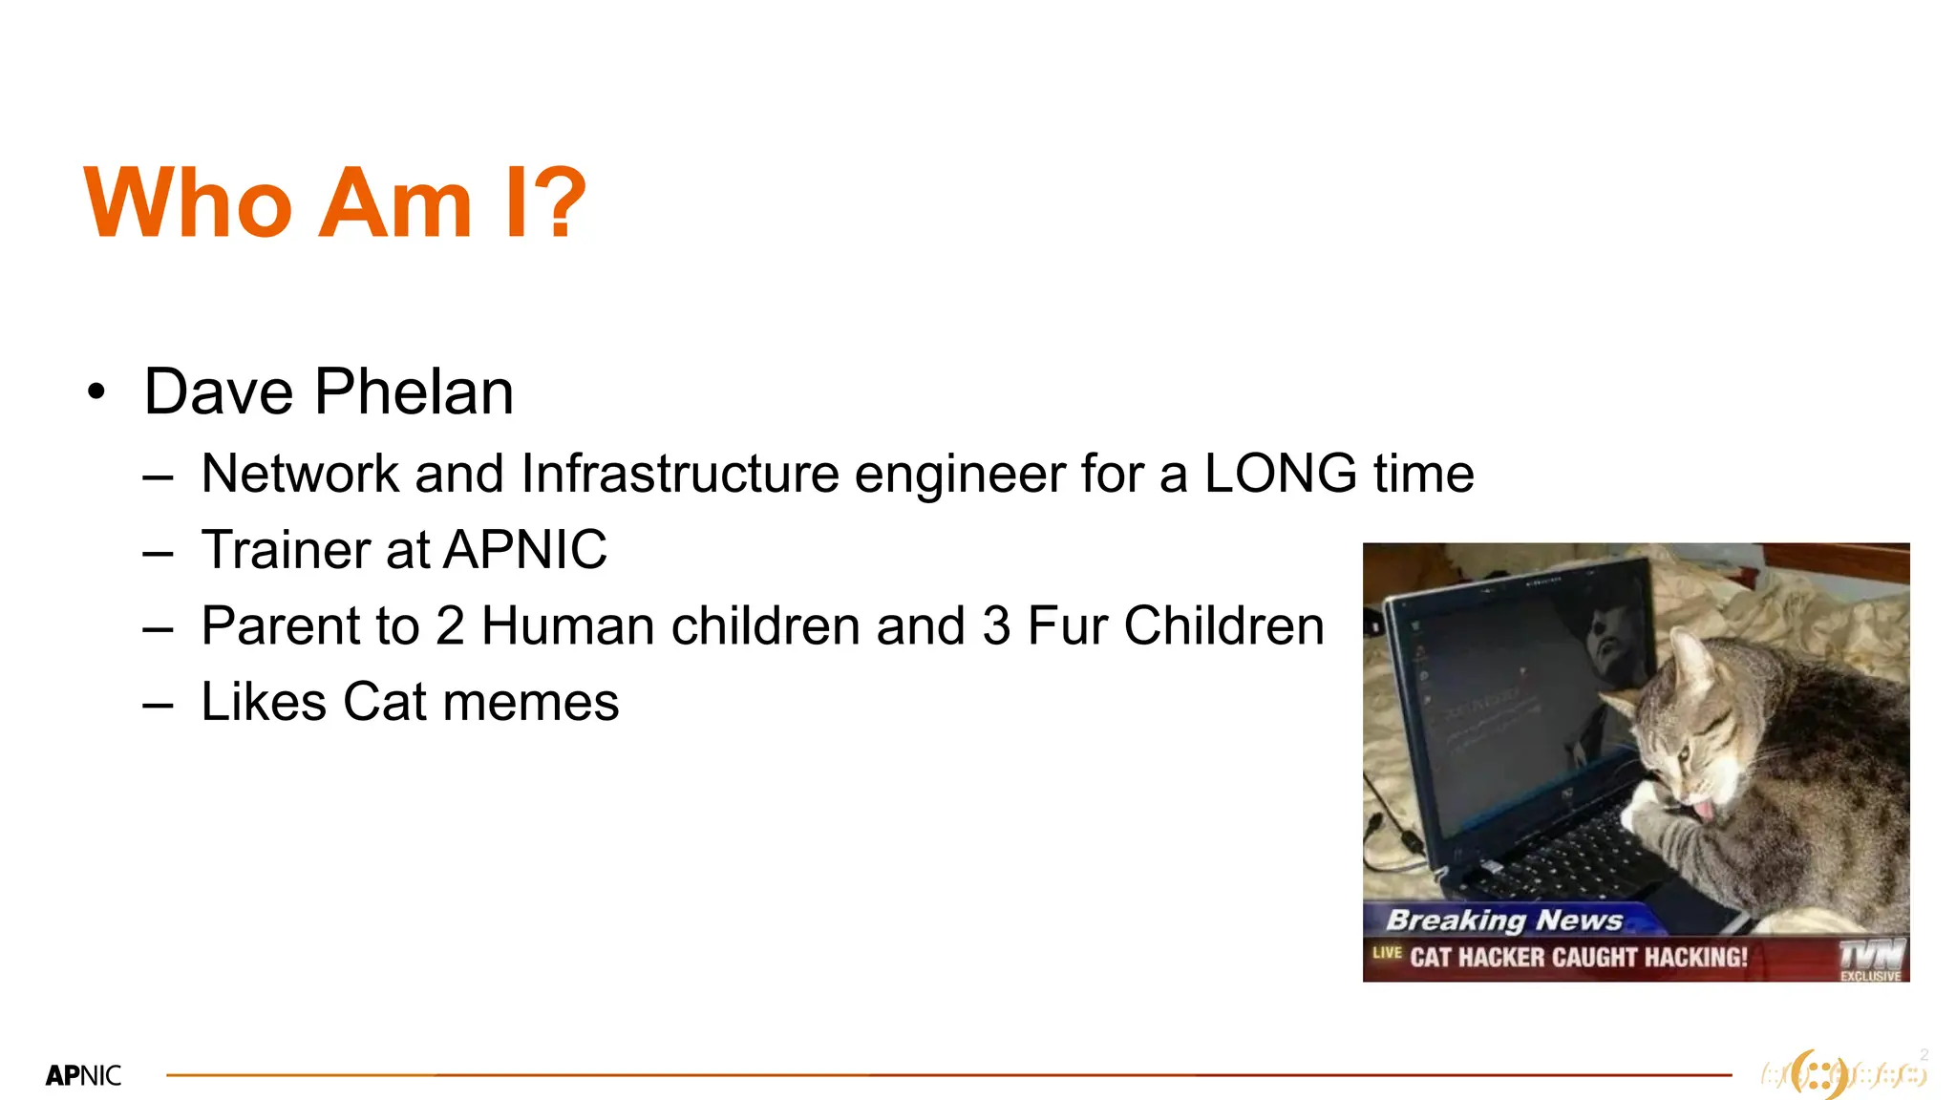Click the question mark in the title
[554, 202]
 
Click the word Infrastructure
[680, 474]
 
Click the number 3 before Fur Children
[996, 626]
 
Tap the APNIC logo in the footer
[83, 1076]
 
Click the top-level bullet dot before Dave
[96, 392]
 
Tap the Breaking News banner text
[1504, 920]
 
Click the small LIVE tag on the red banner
[1387, 952]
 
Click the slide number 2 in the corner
[1924, 1054]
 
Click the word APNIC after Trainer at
[525, 550]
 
